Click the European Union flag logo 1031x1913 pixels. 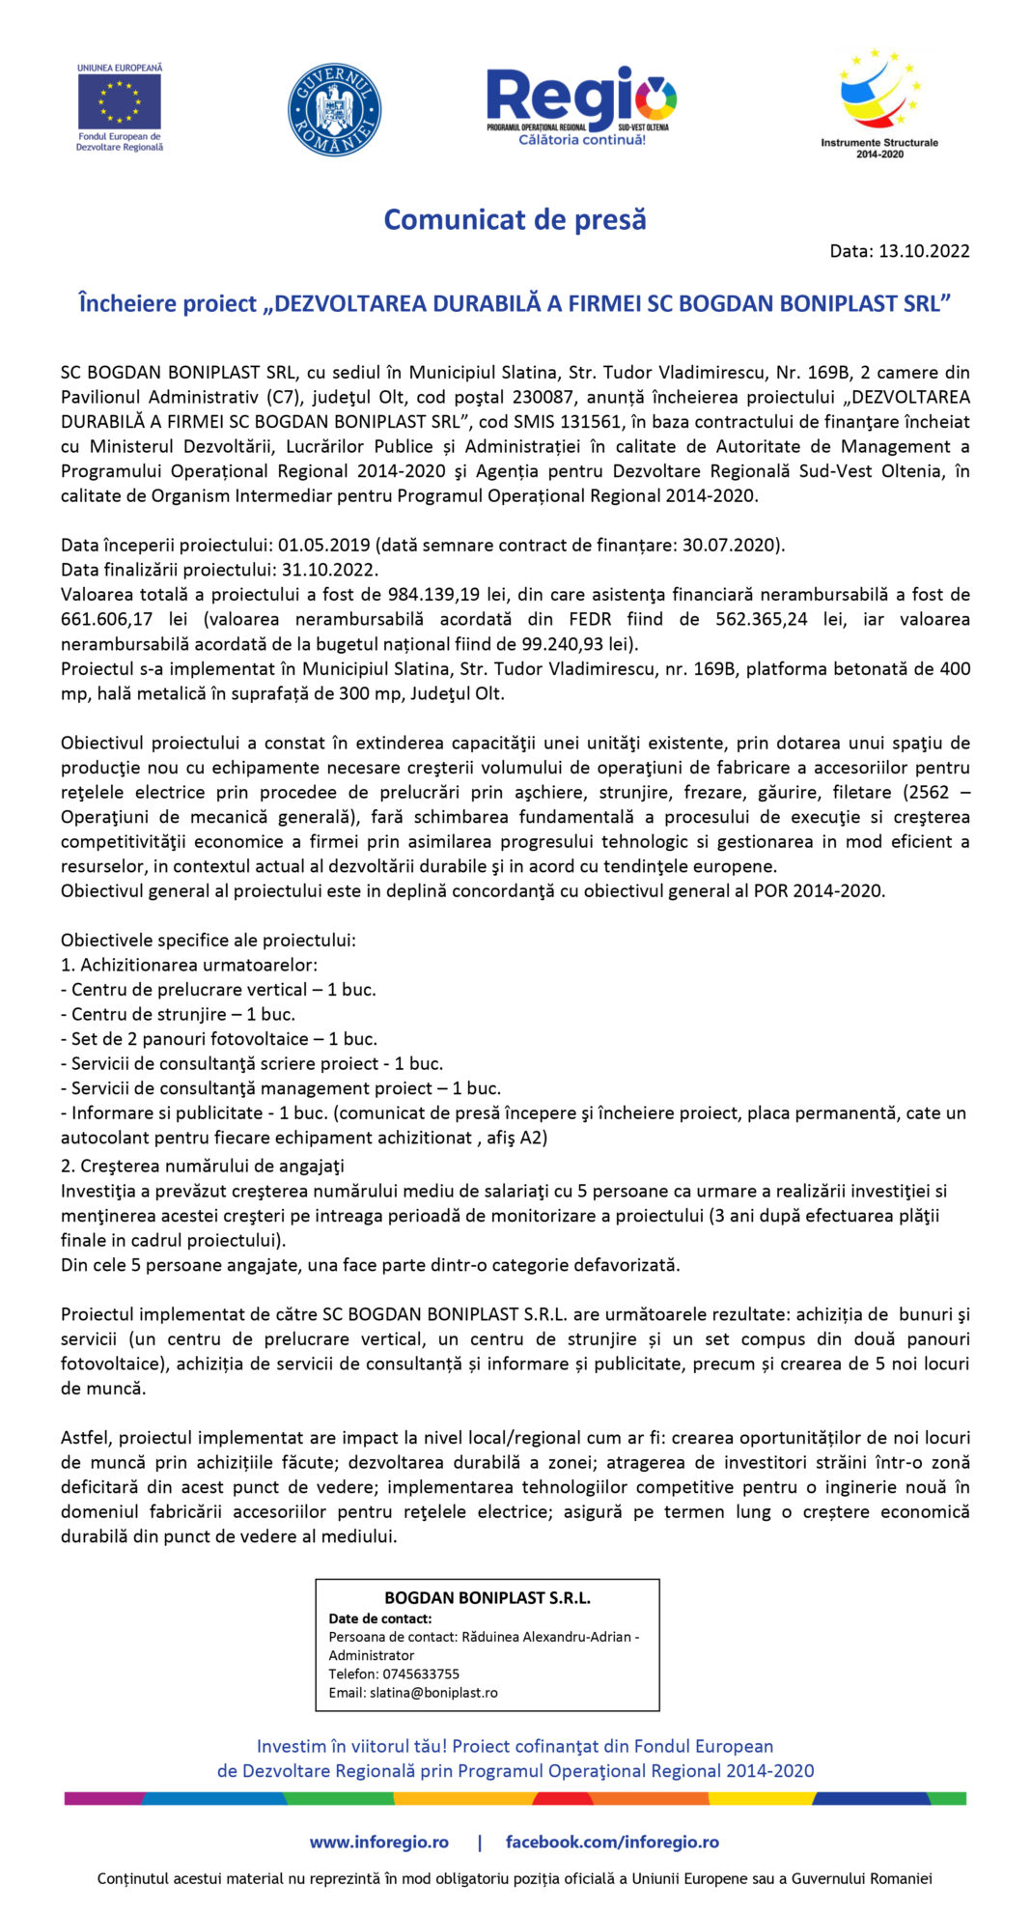pyautogui.click(x=120, y=101)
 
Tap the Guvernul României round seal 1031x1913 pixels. pyautogui.click(x=334, y=110)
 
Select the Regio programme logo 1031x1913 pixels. pyautogui.click(x=581, y=104)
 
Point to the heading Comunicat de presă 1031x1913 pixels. pyautogui.click(x=515, y=220)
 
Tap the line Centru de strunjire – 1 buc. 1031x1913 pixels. pyautogui.click(x=178, y=1015)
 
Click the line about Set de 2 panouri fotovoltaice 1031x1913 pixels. pyautogui.click(x=218, y=1039)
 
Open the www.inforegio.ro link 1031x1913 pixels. pyautogui.click(x=378, y=1843)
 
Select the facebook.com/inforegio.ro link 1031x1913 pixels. pyautogui.click(x=612, y=1843)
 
